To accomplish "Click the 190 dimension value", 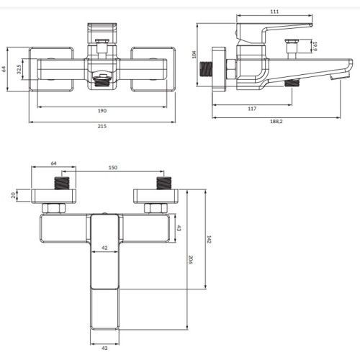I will tap(102, 110).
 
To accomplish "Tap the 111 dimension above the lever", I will tap(275, 12).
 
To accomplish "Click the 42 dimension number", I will tap(104, 247).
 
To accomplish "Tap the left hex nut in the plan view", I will tap(52, 208).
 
